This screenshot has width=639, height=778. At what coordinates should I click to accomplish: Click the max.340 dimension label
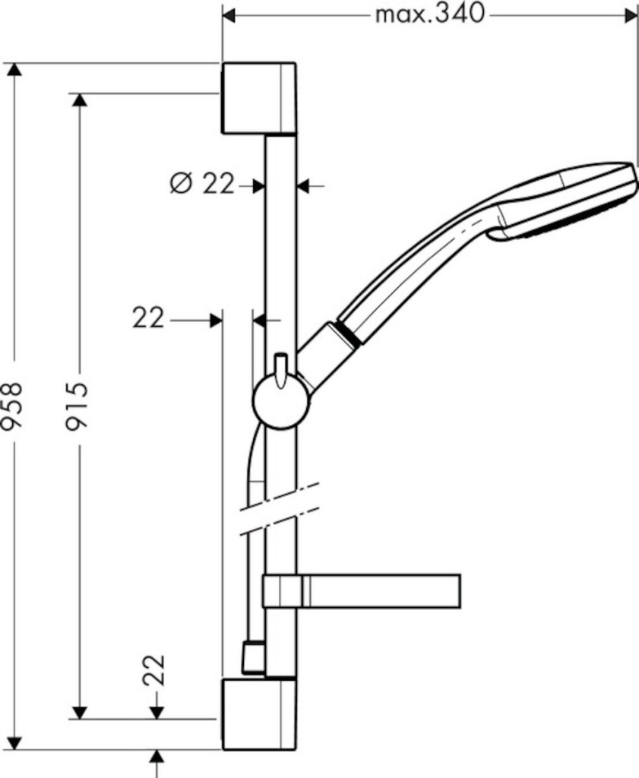429,14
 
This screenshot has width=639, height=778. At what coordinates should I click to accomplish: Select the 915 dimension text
77,404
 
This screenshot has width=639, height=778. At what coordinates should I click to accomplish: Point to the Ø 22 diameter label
201,184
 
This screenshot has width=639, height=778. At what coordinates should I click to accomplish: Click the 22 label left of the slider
148,318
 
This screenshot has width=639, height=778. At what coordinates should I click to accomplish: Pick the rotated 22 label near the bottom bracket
153,670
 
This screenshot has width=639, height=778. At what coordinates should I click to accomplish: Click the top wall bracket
258,98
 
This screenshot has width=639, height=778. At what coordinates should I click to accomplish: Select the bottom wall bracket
258,714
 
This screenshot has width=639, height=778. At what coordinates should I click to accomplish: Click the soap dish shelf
362,591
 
